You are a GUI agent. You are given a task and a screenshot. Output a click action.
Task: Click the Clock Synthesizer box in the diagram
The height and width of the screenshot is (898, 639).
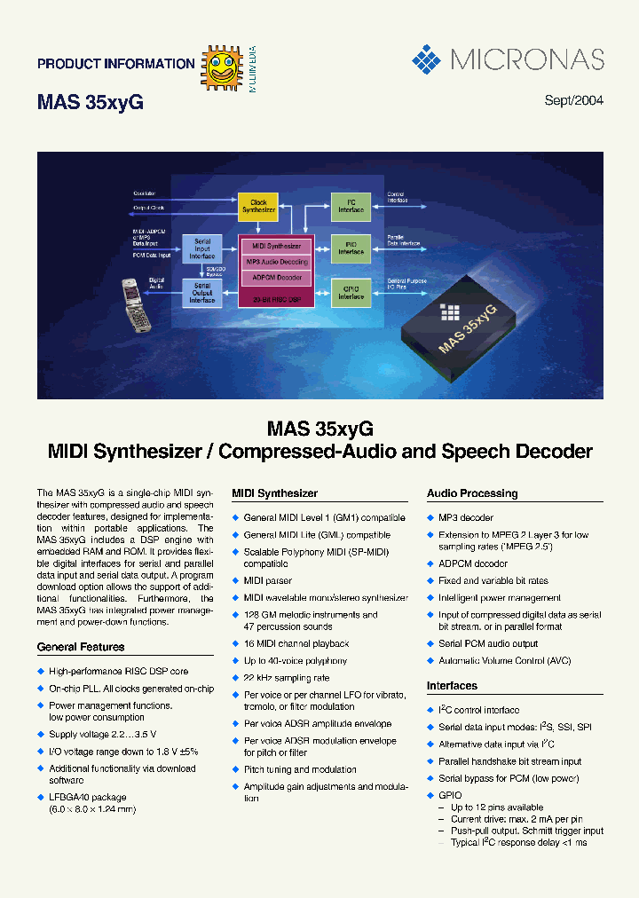tap(258, 206)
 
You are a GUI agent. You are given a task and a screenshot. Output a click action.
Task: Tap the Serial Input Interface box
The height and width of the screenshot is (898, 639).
tap(201, 248)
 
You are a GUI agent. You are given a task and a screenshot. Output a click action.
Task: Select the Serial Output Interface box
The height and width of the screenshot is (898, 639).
tap(201, 293)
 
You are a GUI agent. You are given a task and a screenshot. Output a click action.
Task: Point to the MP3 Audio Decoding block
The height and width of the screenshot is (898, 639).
tap(277, 262)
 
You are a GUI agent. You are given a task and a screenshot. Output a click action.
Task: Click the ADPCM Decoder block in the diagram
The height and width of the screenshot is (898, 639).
tap(277, 278)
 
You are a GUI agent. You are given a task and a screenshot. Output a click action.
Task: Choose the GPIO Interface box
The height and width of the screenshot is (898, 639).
tap(351, 293)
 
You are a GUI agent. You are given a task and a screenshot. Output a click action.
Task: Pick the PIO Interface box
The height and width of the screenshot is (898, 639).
tap(351, 248)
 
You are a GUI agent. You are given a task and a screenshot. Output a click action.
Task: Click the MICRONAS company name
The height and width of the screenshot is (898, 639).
tap(527, 60)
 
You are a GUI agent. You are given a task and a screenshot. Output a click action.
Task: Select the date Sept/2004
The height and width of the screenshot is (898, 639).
tap(573, 100)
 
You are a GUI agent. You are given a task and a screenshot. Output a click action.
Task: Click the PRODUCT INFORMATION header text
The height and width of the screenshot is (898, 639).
tap(115, 64)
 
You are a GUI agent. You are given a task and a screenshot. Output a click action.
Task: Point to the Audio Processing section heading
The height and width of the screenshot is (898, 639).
tap(471, 493)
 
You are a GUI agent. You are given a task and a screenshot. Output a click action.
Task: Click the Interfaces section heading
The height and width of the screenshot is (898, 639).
tap(452, 686)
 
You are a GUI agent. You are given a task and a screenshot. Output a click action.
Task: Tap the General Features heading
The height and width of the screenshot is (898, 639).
tap(81, 648)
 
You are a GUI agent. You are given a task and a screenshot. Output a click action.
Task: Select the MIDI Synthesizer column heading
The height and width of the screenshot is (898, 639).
tap(274, 493)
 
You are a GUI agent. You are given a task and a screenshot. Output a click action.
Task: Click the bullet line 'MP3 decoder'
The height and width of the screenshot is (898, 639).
tap(465, 517)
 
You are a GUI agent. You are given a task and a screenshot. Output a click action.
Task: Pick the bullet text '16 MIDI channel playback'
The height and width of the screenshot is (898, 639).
tap(296, 643)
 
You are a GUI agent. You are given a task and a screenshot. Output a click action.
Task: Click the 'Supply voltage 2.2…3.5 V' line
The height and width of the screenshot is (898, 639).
tap(102, 734)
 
